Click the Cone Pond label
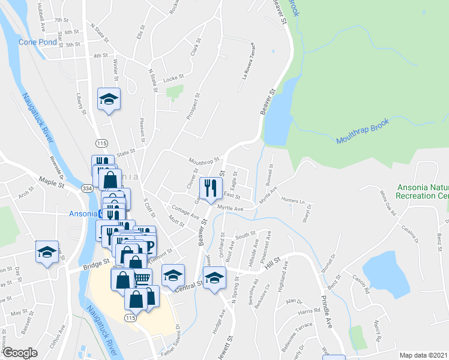pyautogui.click(x=38, y=42)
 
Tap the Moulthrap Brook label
pyautogui.click(x=363, y=131)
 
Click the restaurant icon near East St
pyautogui.click(x=211, y=187)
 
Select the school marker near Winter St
pyautogui.click(x=109, y=98)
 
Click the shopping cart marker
pyautogui.click(x=141, y=279)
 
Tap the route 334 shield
pyautogui.click(x=88, y=188)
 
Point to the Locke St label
pyautogui.click(x=172, y=78)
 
